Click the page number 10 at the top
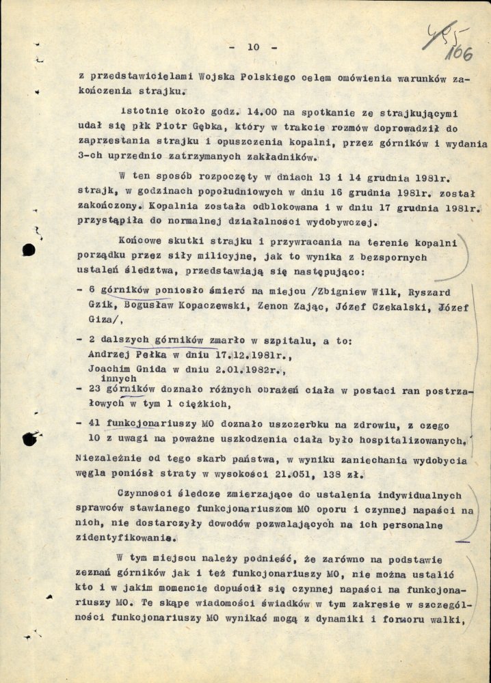[253, 47]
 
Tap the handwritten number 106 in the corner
[461, 53]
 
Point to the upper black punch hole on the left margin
[29, 250]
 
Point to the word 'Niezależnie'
[105, 456]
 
